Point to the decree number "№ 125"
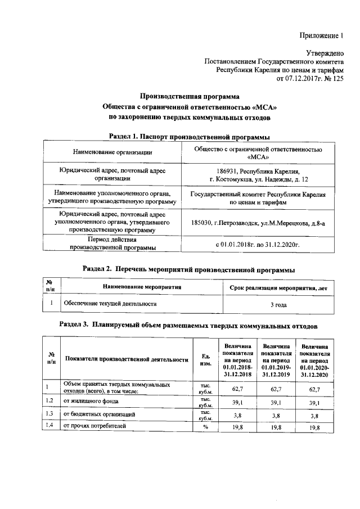click(x=333, y=79)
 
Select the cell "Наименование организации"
click(x=112, y=152)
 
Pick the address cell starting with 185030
click(x=258, y=222)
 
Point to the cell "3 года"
click(x=279, y=304)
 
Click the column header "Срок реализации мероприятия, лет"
click(x=279, y=287)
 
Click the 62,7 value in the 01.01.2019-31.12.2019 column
click(x=275, y=389)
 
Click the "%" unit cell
click(x=205, y=427)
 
